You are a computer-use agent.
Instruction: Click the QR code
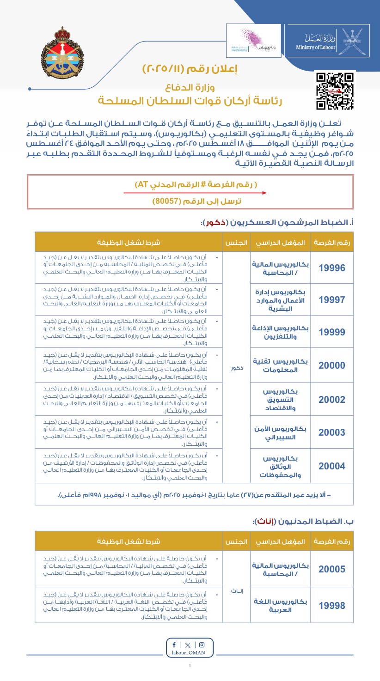[335, 91]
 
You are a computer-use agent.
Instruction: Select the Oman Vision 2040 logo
[253, 41]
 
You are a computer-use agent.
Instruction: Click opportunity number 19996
[332, 268]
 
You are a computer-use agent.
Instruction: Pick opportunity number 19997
[332, 299]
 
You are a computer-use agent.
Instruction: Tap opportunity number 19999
[332, 332]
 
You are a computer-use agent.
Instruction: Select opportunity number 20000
[332, 365]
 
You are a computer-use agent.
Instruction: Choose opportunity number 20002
[332, 400]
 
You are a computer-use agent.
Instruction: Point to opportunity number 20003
[332, 432]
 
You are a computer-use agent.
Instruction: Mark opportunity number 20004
[332, 466]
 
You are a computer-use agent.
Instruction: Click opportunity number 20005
[332, 569]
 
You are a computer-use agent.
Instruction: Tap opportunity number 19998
[332, 605]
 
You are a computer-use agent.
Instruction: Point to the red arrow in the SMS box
[195, 193]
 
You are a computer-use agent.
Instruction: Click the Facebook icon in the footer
[174, 645]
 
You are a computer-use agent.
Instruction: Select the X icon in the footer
[187, 645]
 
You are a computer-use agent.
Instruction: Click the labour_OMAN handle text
[190, 653]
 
